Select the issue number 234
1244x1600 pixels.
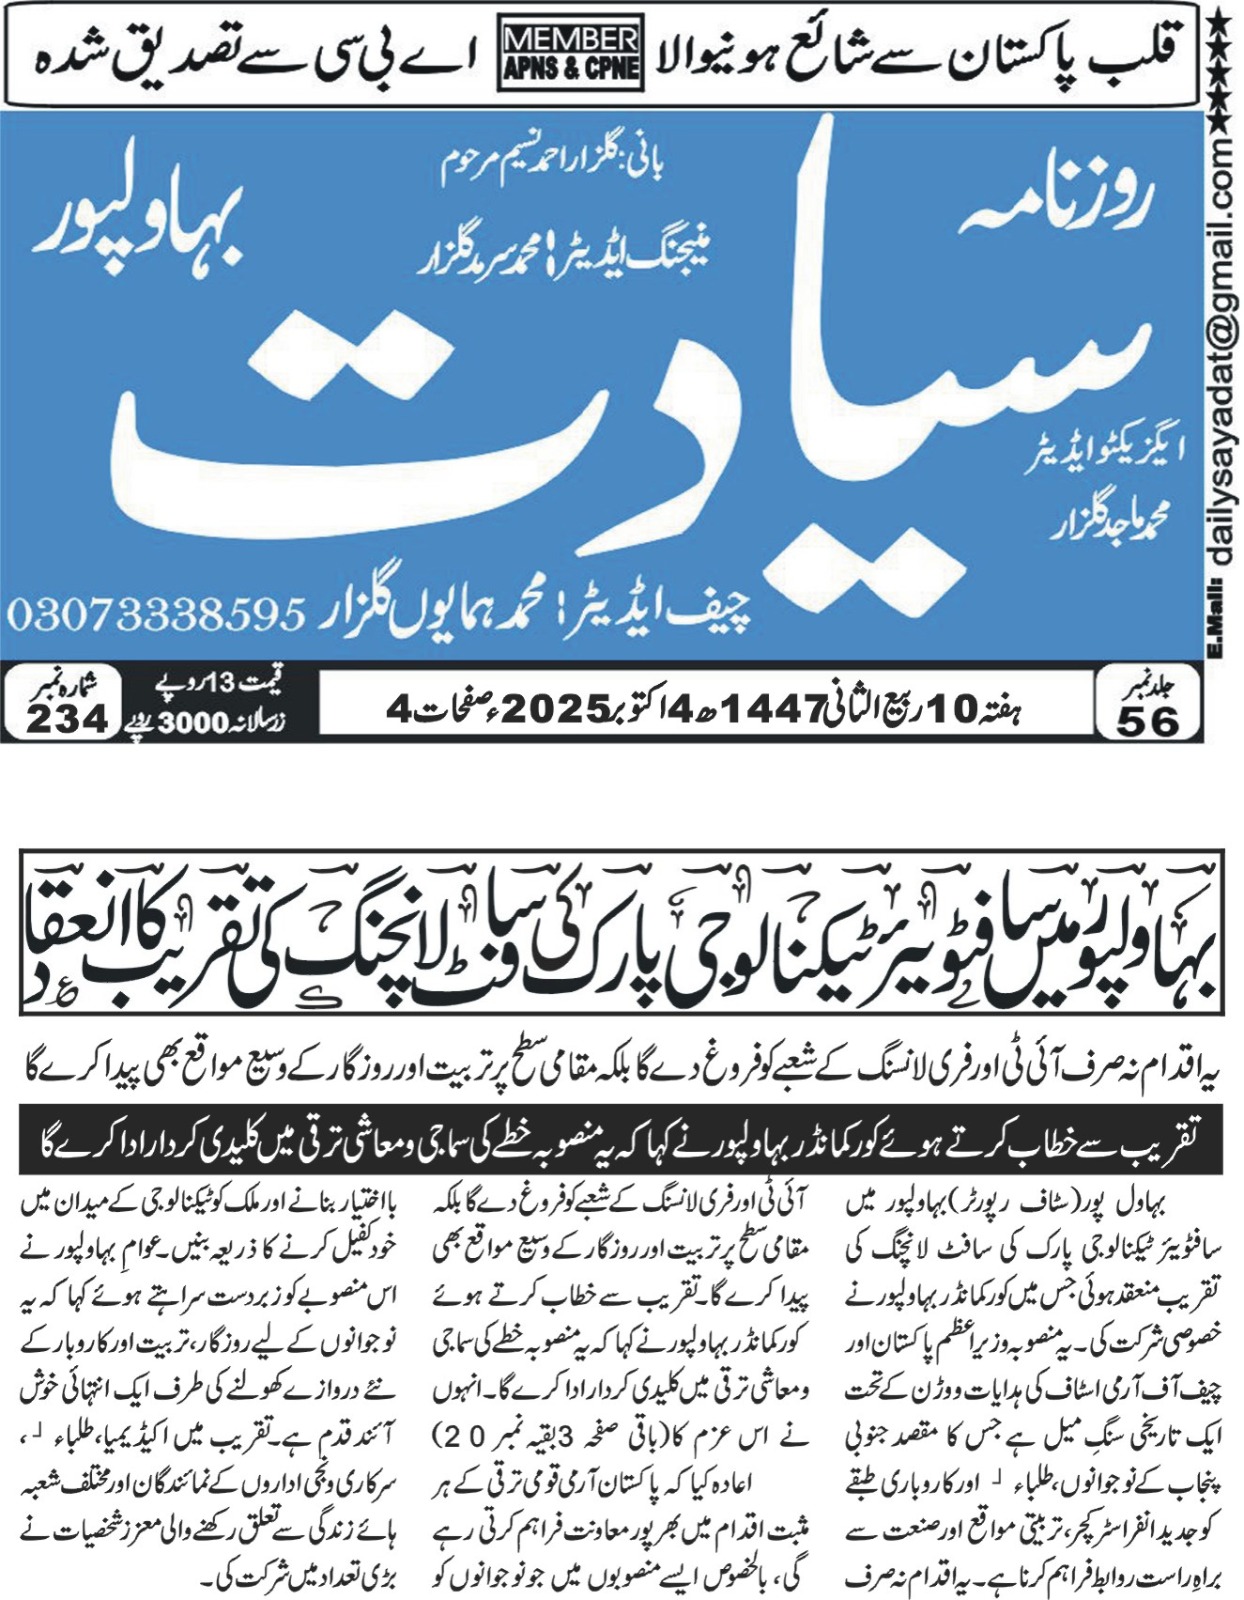pyautogui.click(x=66, y=718)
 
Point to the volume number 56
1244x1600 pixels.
pyautogui.click(x=1148, y=720)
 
